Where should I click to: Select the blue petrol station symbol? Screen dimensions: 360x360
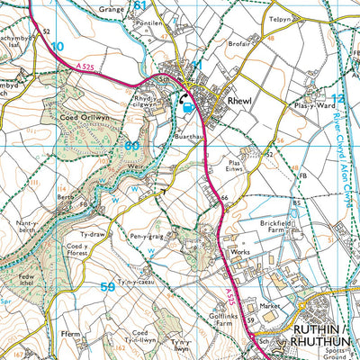187,109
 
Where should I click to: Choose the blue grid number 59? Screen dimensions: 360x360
107,287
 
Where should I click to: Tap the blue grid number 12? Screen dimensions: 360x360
338,99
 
